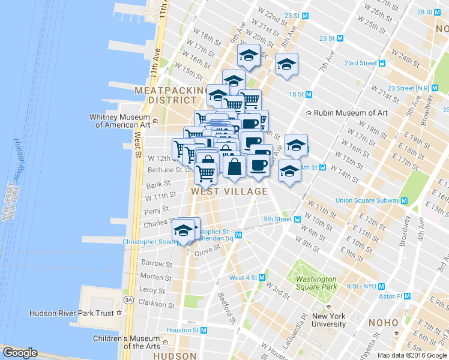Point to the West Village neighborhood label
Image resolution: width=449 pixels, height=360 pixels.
tap(229, 191)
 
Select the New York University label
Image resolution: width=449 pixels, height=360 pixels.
tap(329, 320)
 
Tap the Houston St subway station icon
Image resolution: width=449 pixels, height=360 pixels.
tap(203, 330)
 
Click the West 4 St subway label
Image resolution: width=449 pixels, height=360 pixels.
tap(243, 278)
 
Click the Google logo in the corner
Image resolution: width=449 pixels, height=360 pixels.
tap(20, 353)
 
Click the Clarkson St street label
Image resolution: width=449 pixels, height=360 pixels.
tap(155, 304)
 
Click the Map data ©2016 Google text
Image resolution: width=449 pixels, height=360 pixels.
tap(412, 355)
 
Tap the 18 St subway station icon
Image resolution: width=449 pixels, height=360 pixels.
tap(309, 94)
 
